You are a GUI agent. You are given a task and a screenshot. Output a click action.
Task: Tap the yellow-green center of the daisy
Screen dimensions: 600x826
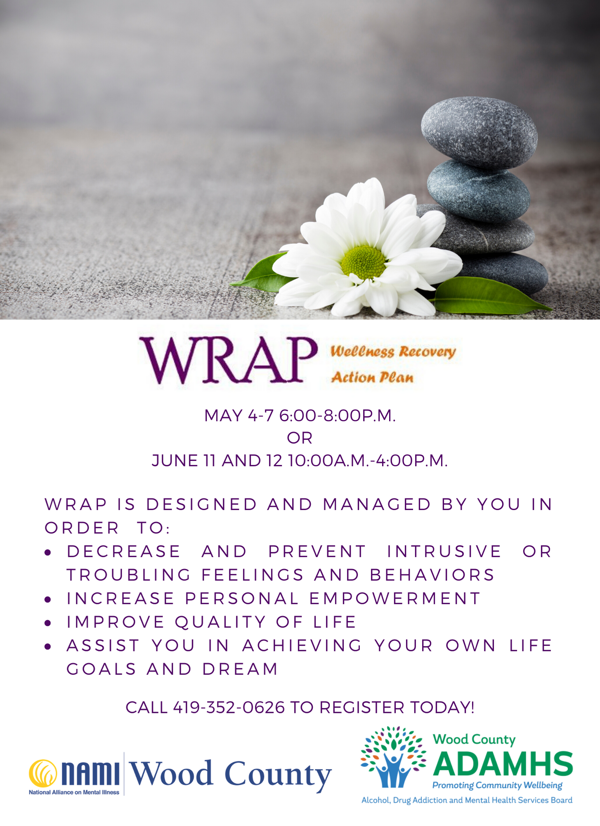[x=364, y=263]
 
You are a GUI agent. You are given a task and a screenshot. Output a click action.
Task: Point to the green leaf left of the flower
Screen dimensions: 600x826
[x=262, y=270]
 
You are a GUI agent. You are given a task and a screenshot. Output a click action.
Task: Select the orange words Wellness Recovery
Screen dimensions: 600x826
[x=393, y=351]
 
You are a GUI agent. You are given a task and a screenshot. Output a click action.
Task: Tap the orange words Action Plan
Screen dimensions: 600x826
[x=372, y=377]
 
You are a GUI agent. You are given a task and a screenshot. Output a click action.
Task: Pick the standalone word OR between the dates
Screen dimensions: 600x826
[x=300, y=438]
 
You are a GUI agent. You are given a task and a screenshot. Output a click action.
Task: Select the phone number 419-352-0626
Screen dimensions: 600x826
[x=229, y=707]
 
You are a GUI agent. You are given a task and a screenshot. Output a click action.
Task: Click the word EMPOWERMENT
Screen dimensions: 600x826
[x=395, y=598]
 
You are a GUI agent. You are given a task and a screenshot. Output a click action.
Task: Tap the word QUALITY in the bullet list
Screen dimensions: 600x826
[x=220, y=622]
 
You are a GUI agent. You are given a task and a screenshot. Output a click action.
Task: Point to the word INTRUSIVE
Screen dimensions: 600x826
[x=444, y=552]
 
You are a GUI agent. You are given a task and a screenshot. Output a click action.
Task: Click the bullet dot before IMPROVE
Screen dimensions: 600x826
[x=48, y=623]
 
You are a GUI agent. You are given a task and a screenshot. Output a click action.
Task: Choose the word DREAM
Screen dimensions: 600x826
[x=240, y=669]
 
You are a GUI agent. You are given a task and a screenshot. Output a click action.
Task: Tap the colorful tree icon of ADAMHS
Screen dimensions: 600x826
[x=393, y=757]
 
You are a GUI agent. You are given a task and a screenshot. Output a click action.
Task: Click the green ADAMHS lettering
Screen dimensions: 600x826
[x=503, y=764]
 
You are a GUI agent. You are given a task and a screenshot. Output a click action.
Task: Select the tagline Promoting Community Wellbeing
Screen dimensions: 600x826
[x=497, y=786]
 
